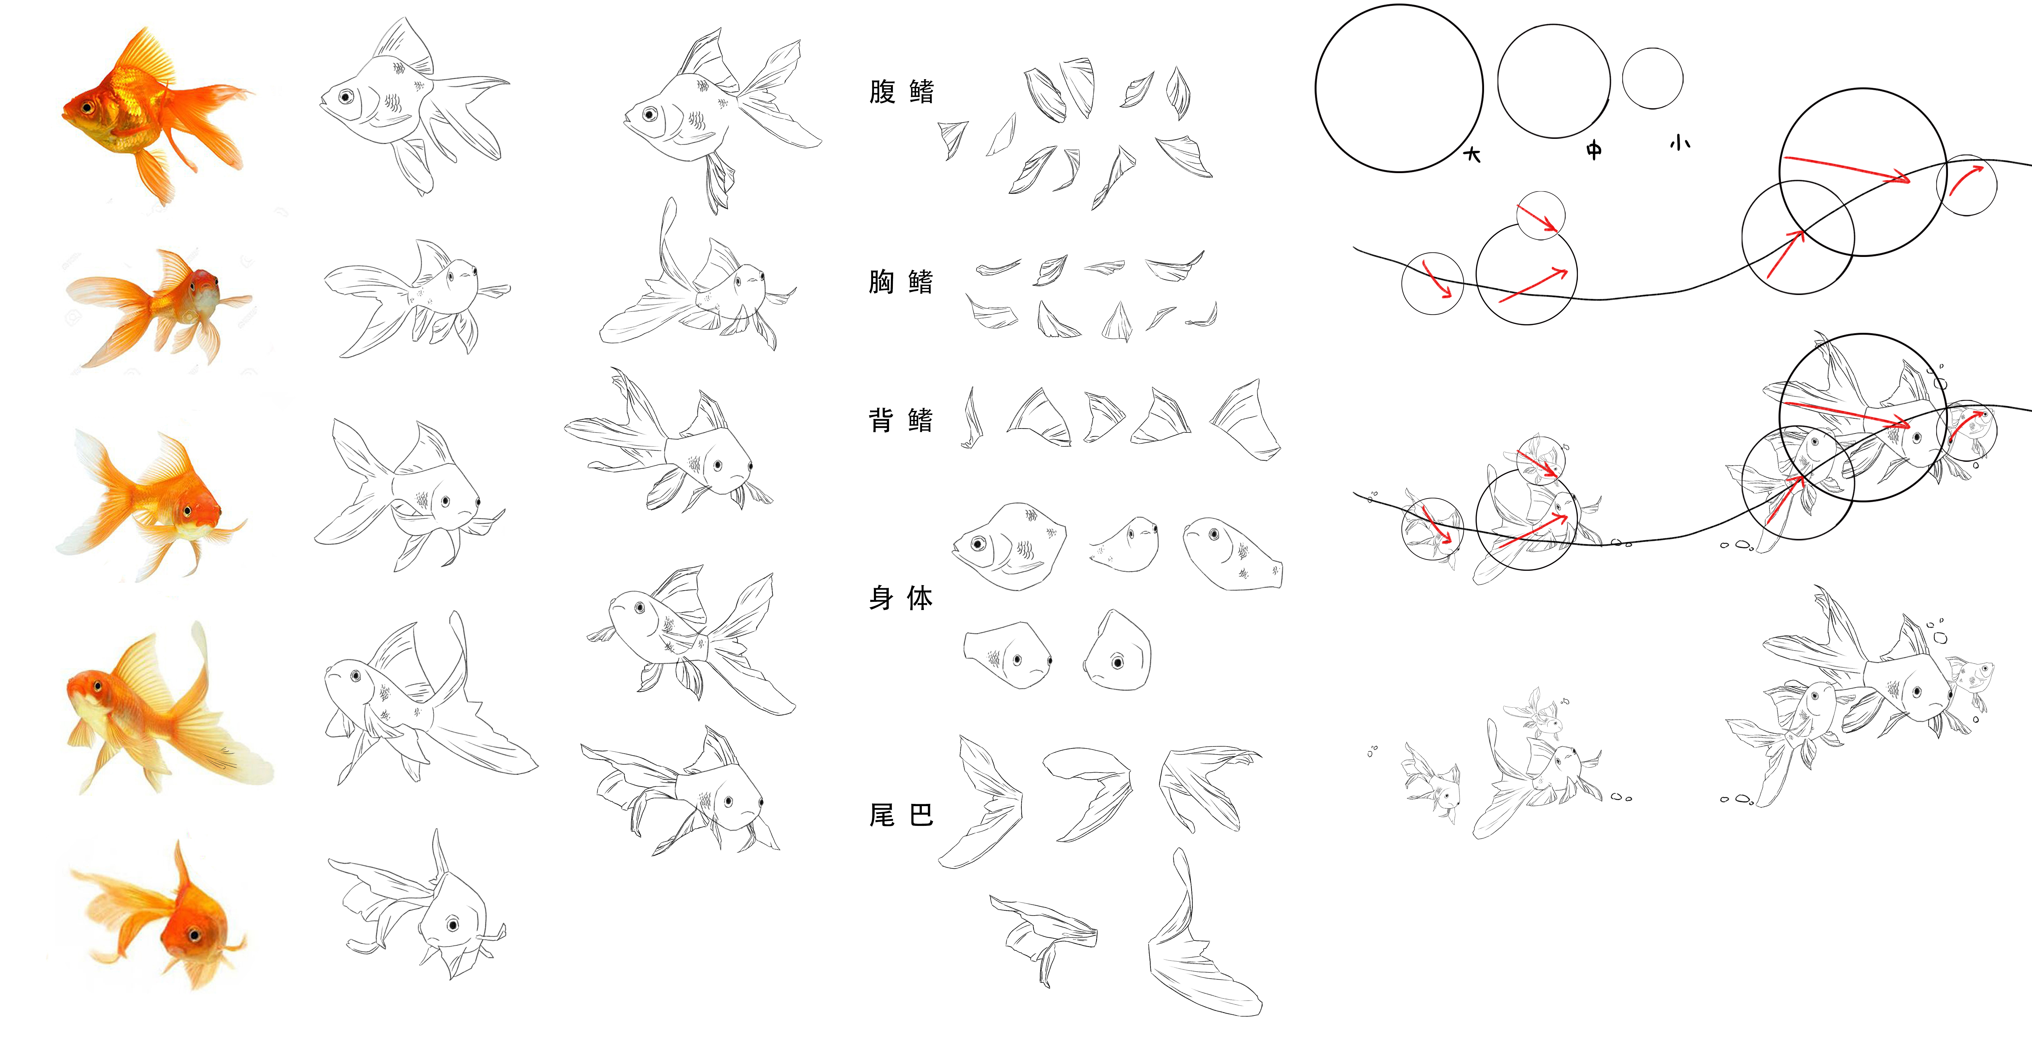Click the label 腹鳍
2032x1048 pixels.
(x=901, y=91)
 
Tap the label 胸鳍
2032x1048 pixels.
(x=901, y=281)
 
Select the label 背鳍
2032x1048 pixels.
(x=901, y=420)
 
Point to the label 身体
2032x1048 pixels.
(x=901, y=597)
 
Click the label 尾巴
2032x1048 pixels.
(x=901, y=814)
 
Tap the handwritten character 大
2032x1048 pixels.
(x=1472, y=154)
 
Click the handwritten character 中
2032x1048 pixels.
(x=1594, y=150)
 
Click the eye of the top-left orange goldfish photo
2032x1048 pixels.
(x=86, y=107)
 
